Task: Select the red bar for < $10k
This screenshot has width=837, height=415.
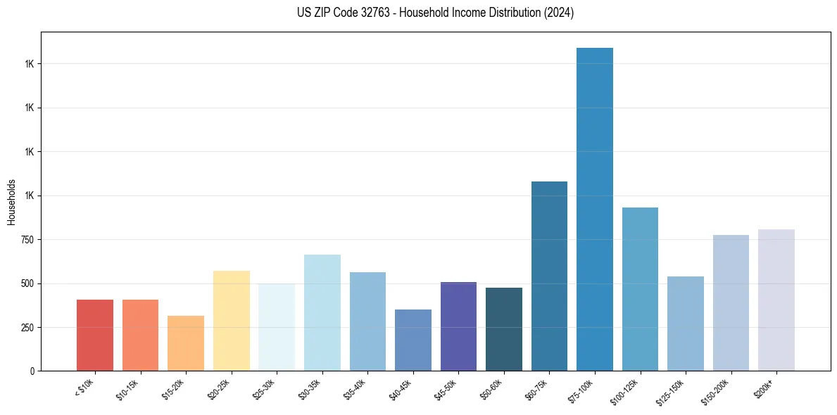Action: (x=95, y=335)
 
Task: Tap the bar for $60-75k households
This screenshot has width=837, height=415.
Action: (x=549, y=276)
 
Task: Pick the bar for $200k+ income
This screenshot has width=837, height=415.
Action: (x=776, y=300)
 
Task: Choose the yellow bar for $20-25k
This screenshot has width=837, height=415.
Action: (x=232, y=321)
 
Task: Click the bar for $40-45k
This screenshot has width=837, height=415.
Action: (x=413, y=340)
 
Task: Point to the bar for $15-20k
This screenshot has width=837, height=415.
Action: (x=186, y=343)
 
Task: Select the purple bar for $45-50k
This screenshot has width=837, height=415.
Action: (x=458, y=326)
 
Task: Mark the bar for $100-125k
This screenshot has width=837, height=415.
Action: (x=640, y=289)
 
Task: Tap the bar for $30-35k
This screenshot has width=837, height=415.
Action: (x=322, y=312)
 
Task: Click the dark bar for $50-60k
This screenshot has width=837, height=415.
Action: (x=504, y=329)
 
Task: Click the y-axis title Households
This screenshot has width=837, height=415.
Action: (x=12, y=201)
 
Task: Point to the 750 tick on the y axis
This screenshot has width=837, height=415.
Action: (x=27, y=240)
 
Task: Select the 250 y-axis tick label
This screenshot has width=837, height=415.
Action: (x=27, y=328)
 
